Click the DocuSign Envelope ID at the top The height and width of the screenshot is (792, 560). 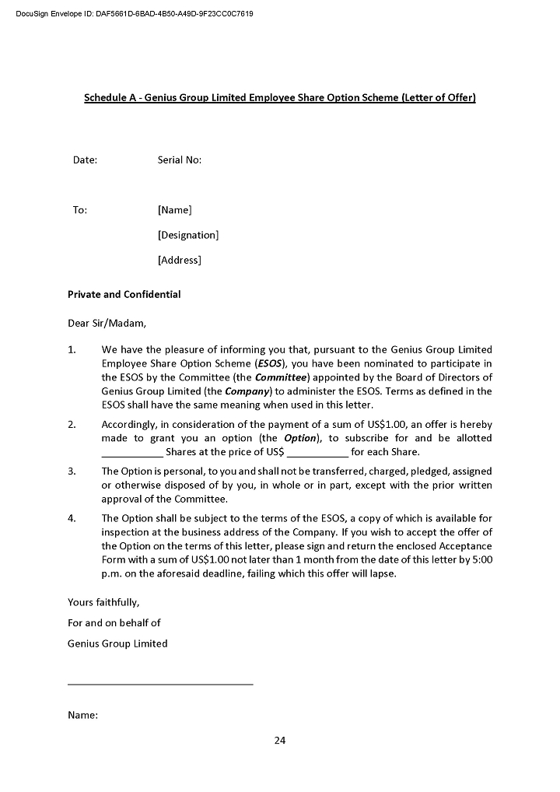click(134, 14)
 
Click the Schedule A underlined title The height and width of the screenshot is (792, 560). click(279, 98)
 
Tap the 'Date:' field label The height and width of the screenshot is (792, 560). click(85, 160)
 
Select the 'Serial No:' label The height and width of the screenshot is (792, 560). click(179, 160)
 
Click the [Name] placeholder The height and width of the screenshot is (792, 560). click(174, 210)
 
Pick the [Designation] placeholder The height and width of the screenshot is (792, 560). click(187, 235)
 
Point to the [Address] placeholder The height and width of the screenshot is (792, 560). click(179, 260)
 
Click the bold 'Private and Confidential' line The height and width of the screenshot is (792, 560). click(124, 295)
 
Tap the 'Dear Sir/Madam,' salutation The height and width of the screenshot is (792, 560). click(107, 323)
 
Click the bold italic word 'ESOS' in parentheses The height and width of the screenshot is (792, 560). click(270, 363)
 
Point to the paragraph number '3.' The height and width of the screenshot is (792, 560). click(72, 471)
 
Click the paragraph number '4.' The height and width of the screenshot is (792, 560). click(72, 518)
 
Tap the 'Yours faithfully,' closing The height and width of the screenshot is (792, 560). click(103, 602)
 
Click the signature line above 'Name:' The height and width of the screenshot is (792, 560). click(160, 684)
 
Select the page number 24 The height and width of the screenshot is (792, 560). click(280, 741)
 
